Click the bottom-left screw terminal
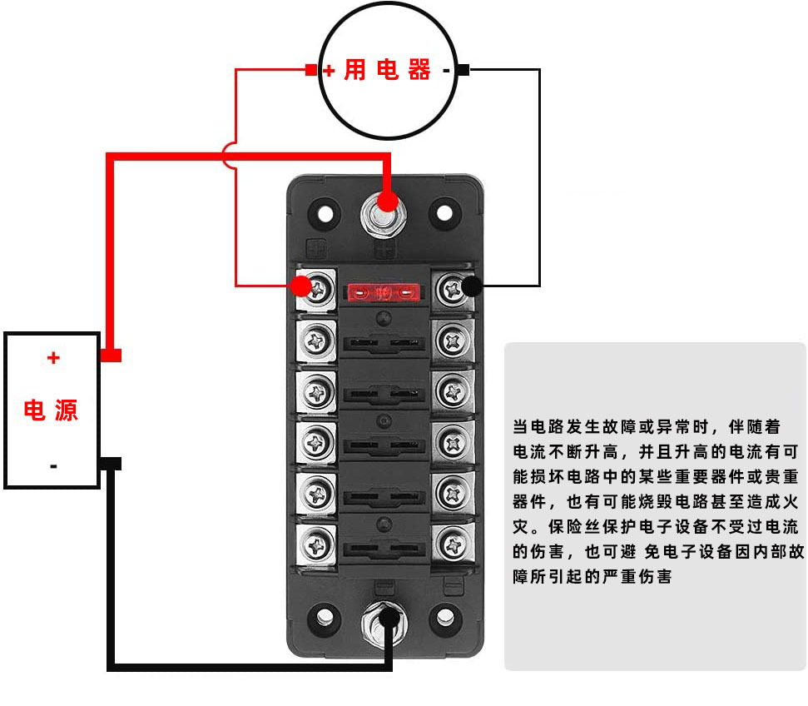click(x=317, y=544)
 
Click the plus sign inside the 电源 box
click(x=53, y=358)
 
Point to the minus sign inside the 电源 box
click(x=53, y=465)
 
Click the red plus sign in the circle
click(x=330, y=72)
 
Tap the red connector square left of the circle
click(x=311, y=71)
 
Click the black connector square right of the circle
click(x=463, y=71)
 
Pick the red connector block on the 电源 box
click(x=112, y=355)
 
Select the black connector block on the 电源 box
click(x=112, y=463)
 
